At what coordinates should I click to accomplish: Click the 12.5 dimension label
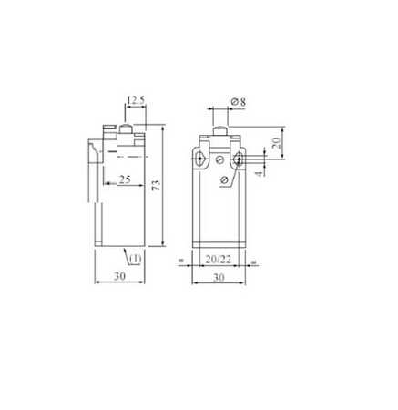[136, 100]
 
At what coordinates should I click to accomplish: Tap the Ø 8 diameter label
[239, 102]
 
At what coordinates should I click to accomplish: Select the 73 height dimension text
[157, 185]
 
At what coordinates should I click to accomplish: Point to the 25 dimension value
[125, 179]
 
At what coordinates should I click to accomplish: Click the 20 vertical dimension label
[276, 143]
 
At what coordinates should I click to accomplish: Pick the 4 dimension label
[259, 173]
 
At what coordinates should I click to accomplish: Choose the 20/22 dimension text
[219, 259]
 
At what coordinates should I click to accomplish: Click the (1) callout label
[136, 259]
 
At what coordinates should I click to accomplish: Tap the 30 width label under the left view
[119, 276]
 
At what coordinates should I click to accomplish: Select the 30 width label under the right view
[219, 277]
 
